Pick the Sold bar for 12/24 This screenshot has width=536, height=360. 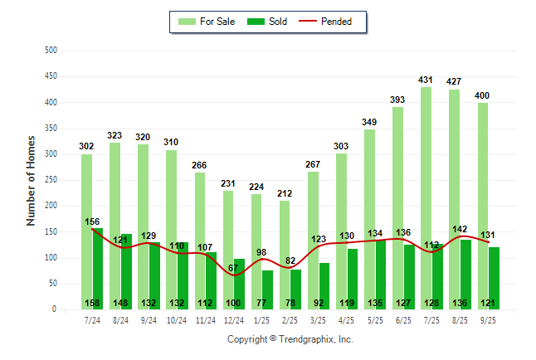pos(239,282)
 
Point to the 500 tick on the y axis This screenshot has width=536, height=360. pos(51,51)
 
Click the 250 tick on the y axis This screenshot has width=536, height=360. pos(51,180)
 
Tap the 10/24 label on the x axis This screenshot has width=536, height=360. pos(177,319)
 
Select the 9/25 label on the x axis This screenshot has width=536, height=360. pos(488,319)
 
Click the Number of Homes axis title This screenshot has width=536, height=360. pos(32,180)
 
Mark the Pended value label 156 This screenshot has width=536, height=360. pos(93,221)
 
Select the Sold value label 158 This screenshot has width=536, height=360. pos(93,303)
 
